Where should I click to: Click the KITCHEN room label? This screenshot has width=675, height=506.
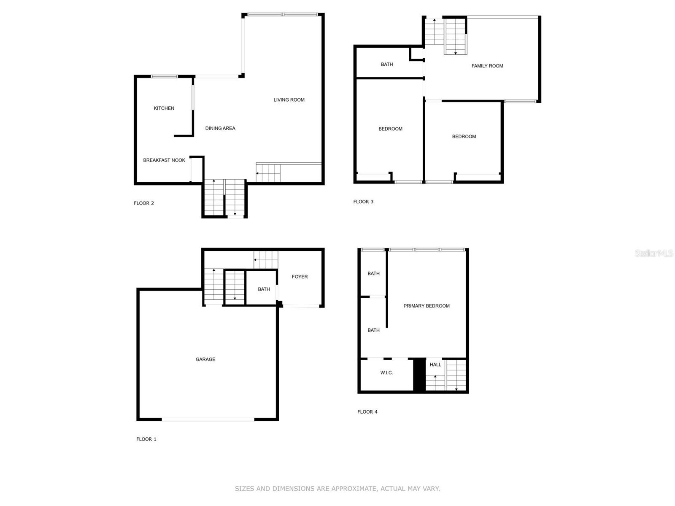164,108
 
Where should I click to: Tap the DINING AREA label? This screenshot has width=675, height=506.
220,129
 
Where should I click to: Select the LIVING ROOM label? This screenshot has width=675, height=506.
289,100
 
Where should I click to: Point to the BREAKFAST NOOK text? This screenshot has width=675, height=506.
164,160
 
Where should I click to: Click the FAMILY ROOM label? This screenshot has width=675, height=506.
487,66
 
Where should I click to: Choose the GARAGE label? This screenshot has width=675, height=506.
205,359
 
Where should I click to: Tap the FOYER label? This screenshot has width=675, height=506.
300,277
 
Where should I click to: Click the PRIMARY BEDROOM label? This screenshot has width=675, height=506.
427,306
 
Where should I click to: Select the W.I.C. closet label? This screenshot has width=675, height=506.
386,373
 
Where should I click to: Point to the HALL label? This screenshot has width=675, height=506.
435,365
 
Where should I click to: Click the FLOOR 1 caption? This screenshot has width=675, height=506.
146,439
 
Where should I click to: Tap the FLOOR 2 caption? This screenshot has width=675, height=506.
144,203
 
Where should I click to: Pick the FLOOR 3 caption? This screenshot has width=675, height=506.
364,202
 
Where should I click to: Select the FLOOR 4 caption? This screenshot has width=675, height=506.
367,412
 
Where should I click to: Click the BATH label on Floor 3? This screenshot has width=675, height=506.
387,64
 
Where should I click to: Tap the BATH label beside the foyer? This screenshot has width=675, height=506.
264,289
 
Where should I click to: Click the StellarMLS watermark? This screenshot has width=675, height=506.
654,253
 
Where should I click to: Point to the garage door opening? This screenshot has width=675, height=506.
208,420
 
